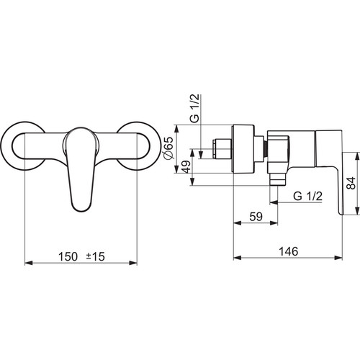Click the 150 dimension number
coord(68,256)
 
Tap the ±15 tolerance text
coord(96,256)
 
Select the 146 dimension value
coord(288,251)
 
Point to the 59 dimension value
coord(256,217)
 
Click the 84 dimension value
coord(351,183)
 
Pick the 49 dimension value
coord(186,166)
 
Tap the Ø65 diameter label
coord(168,148)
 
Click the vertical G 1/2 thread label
coord(196,108)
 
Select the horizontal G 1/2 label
coord(307,196)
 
